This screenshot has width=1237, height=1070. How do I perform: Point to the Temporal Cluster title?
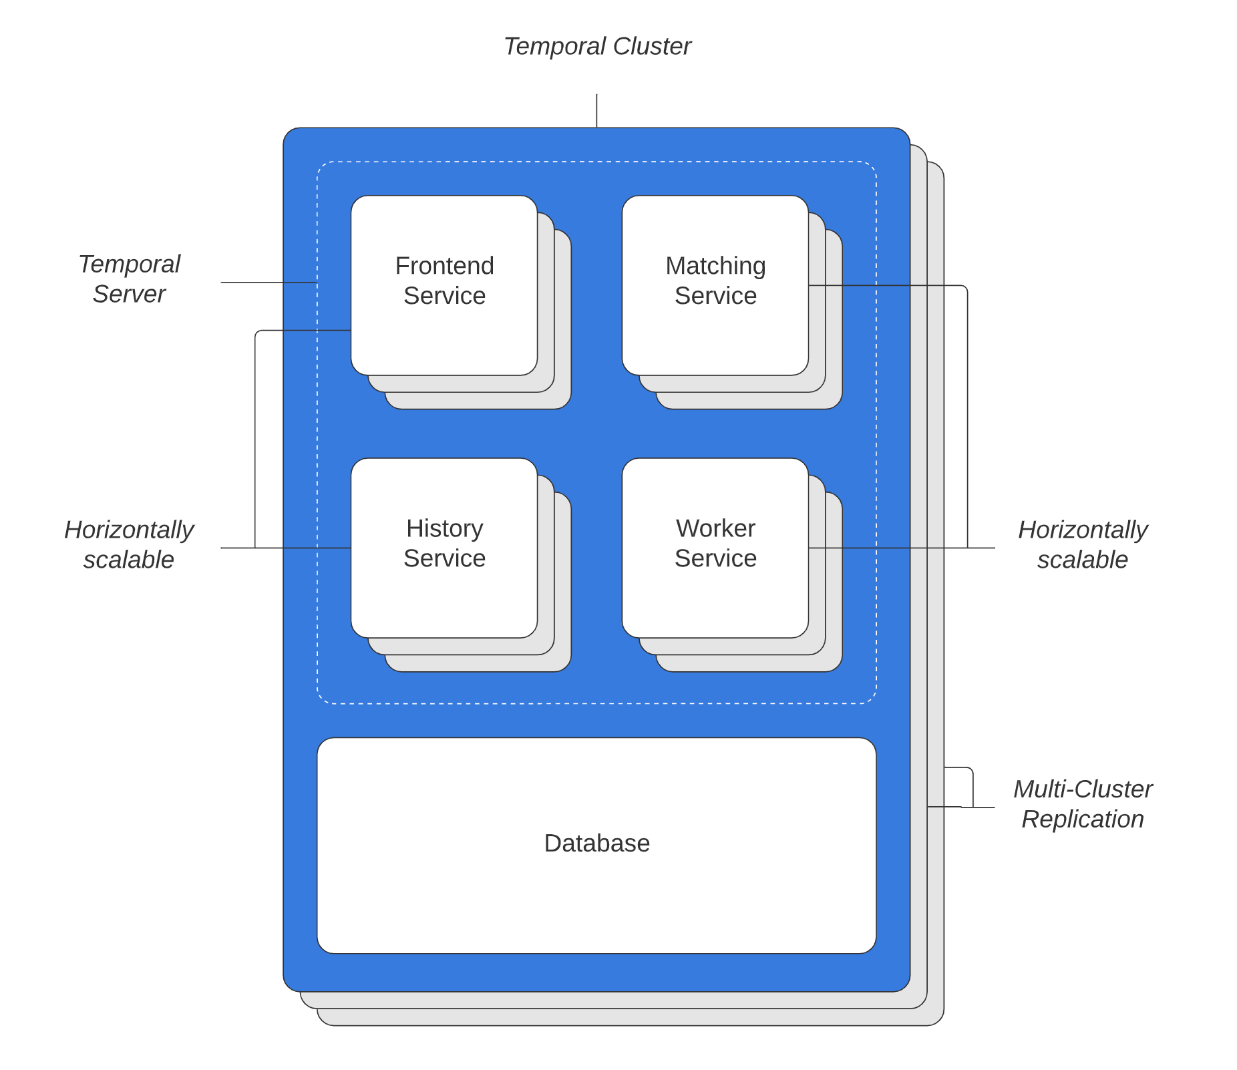[596, 46]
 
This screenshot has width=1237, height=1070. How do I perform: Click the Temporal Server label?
[129, 279]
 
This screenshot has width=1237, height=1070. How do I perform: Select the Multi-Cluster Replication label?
[1082, 804]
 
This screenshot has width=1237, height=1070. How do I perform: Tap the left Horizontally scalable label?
[129, 544]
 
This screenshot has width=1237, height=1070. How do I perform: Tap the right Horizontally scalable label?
[1082, 544]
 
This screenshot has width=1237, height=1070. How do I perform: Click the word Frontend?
[444, 266]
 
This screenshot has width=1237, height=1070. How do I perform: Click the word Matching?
[715, 266]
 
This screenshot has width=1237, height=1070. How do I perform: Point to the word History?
[444, 528]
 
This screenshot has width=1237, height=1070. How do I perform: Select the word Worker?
[715, 528]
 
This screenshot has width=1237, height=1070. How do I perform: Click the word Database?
[596, 843]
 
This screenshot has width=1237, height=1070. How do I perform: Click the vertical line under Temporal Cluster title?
[596, 110]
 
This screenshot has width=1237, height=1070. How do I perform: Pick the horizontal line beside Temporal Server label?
[267, 283]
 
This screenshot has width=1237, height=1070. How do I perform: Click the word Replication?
[1082, 819]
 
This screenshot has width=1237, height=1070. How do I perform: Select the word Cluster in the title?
[651, 46]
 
